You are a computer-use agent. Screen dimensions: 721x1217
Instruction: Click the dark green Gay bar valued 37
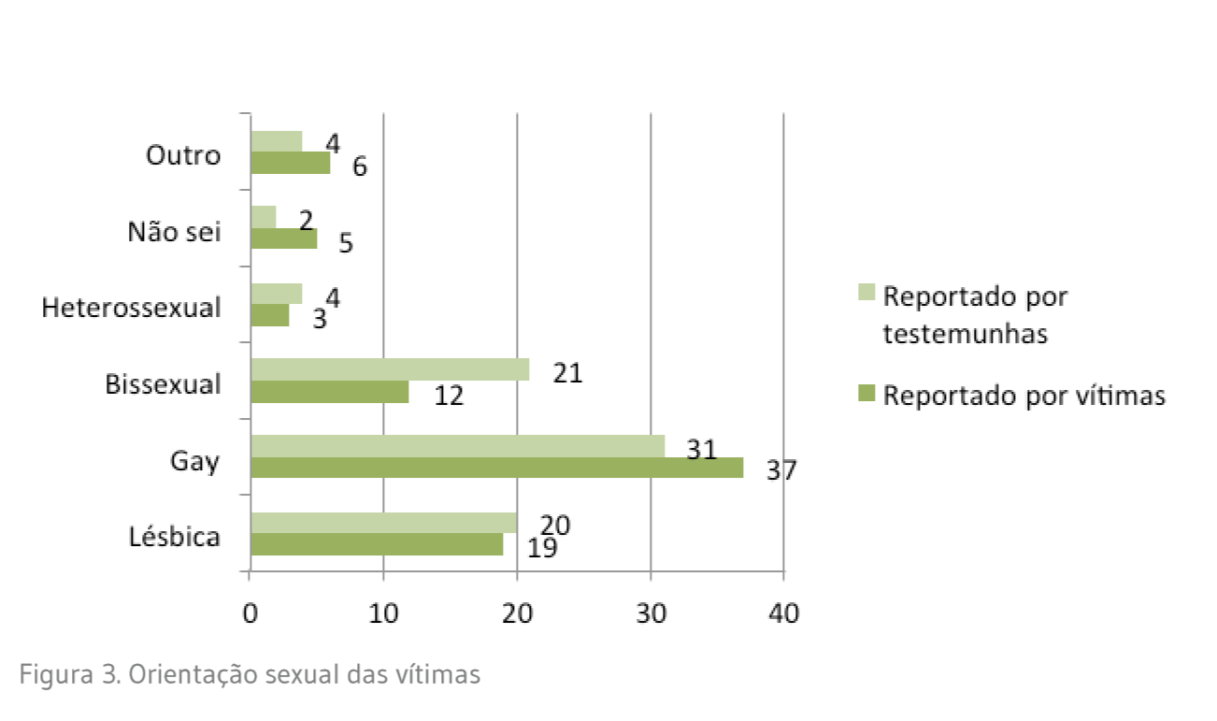tap(496, 468)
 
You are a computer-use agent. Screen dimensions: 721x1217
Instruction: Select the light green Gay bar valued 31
tap(457, 446)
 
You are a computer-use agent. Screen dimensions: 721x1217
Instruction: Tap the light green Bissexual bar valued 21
tap(390, 369)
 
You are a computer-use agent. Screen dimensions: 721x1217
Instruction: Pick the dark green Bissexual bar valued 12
tap(330, 391)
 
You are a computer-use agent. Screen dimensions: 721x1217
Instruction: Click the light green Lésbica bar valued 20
tap(383, 523)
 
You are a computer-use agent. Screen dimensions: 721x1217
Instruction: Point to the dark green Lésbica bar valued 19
tap(377, 544)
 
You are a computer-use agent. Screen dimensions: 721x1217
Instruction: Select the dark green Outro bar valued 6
tap(291, 163)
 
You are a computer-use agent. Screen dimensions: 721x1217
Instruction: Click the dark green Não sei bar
tap(284, 238)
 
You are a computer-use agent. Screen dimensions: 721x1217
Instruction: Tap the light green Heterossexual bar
tap(277, 294)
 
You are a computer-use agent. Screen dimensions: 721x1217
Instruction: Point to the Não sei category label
tap(174, 231)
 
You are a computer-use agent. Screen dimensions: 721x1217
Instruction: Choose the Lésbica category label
tap(175, 537)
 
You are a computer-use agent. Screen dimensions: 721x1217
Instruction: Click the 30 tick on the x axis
tap(651, 614)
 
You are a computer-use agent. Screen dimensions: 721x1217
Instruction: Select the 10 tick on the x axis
tap(383, 614)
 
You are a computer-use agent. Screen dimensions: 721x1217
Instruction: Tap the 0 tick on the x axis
tap(250, 614)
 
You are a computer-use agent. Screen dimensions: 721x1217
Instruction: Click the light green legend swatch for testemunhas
tap(866, 292)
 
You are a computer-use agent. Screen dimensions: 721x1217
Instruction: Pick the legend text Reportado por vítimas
tap(1024, 396)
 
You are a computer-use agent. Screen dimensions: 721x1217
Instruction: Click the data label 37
tap(781, 470)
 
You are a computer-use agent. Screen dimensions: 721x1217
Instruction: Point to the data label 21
tap(566, 374)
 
